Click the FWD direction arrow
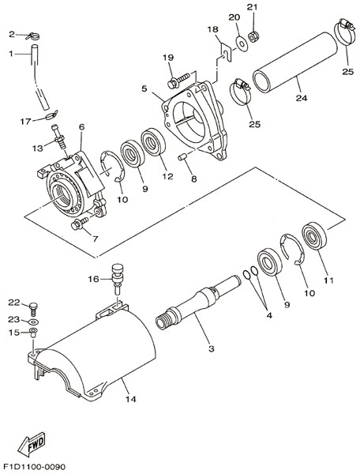(31, 445)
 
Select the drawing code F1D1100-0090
(33, 467)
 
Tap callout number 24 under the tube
(301, 98)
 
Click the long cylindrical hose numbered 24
(294, 62)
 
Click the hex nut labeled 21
(253, 36)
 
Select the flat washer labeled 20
(242, 43)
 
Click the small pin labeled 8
(182, 157)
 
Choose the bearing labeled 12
(153, 142)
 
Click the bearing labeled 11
(315, 235)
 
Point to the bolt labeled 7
(80, 223)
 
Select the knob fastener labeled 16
(117, 278)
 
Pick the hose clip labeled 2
(32, 36)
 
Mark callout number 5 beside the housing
(144, 88)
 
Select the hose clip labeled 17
(51, 115)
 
